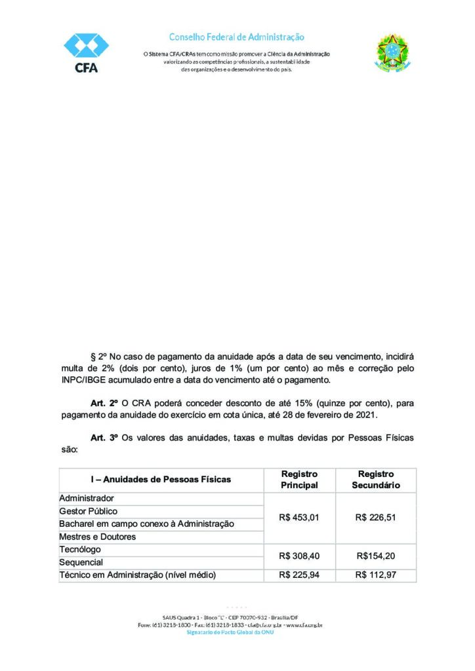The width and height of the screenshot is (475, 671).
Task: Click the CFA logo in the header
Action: (x=85, y=53)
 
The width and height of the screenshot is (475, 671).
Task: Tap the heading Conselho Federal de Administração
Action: (x=237, y=37)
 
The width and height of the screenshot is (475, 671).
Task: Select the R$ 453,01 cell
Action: (x=299, y=518)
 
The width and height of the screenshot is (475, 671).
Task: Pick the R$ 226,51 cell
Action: (x=375, y=518)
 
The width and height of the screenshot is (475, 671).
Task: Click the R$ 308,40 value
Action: (x=299, y=556)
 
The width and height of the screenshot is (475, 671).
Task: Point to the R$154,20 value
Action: (x=375, y=556)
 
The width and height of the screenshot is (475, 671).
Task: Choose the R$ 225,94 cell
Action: (x=299, y=575)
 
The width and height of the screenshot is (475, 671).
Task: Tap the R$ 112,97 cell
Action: (x=375, y=575)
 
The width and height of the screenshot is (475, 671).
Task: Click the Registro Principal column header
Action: (x=299, y=480)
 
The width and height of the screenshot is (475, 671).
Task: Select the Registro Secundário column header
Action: (x=375, y=480)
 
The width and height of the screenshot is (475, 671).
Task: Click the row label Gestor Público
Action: (x=89, y=511)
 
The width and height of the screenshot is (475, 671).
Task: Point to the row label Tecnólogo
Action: (x=80, y=549)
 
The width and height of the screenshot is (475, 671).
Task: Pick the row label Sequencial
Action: (x=81, y=562)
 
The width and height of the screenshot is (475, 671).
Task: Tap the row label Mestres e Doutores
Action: (x=98, y=537)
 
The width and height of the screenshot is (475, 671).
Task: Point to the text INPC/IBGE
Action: (x=77, y=381)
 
